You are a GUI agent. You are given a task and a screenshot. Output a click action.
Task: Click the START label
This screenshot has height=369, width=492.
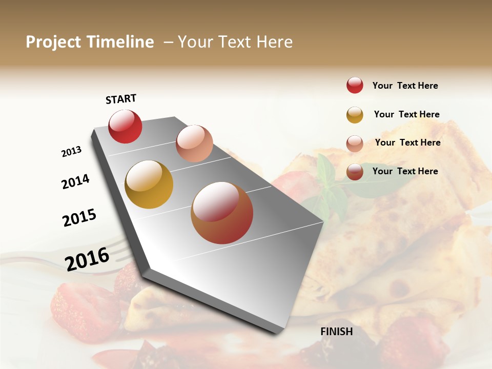(121, 99)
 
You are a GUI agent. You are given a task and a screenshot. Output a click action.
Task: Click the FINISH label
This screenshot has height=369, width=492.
(336, 332)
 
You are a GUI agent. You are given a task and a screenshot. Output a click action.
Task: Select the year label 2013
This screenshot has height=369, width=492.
(71, 152)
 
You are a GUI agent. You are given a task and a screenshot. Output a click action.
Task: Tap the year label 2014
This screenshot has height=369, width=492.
(75, 181)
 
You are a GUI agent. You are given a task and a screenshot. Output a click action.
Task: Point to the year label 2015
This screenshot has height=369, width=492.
(79, 217)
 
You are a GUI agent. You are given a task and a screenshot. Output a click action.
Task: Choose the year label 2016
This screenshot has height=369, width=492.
(87, 259)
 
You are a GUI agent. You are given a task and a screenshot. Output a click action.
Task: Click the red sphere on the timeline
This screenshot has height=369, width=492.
(125, 126)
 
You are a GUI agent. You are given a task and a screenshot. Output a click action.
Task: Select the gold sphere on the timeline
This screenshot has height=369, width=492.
(149, 184)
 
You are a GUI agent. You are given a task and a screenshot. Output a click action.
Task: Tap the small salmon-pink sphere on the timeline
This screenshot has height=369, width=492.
(194, 143)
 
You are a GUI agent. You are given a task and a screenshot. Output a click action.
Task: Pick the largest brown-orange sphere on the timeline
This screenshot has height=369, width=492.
(221, 212)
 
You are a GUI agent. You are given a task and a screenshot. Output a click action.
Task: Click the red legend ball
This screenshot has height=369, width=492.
(355, 85)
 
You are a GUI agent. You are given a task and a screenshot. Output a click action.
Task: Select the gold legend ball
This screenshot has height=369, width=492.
(355, 114)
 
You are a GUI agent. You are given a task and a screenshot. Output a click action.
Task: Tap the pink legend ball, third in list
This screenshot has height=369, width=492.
(355, 143)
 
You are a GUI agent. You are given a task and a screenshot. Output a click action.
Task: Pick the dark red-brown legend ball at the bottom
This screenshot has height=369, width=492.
(355, 172)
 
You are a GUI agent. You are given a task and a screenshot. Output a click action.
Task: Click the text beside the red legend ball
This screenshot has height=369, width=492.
(405, 86)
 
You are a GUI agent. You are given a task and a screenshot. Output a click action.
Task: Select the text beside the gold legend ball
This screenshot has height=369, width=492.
(406, 114)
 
